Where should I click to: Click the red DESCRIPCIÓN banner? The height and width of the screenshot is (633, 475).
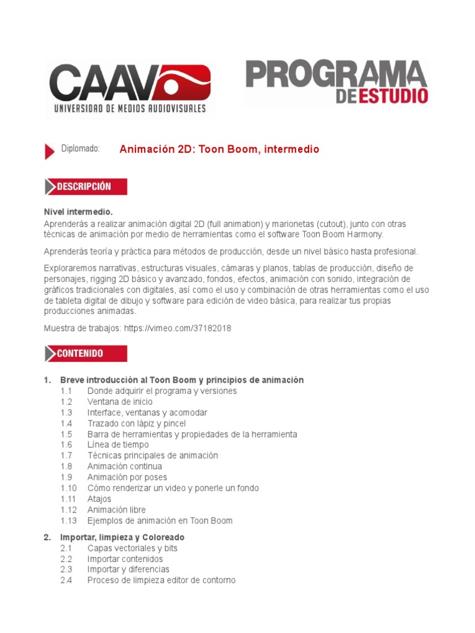pyautogui.click(x=86, y=187)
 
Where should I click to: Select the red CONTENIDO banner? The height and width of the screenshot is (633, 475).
pyautogui.click(x=86, y=354)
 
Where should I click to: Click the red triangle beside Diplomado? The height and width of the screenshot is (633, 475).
pyautogui.click(x=49, y=151)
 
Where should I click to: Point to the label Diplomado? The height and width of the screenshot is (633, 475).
pyautogui.click(x=80, y=149)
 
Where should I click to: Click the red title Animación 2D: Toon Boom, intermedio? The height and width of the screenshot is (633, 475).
pyautogui.click(x=219, y=150)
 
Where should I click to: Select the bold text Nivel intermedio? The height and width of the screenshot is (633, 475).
pyautogui.click(x=78, y=212)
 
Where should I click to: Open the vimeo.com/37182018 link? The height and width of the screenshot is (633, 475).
pyautogui.click(x=178, y=328)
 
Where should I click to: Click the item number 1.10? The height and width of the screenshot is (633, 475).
pyautogui.click(x=69, y=488)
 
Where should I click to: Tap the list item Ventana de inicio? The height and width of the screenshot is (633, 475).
pyautogui.click(x=120, y=402)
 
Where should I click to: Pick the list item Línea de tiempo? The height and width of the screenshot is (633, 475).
pyautogui.click(x=118, y=445)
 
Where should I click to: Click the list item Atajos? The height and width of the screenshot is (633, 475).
pyautogui.click(x=100, y=499)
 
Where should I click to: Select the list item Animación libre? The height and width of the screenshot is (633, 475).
pyautogui.click(x=116, y=510)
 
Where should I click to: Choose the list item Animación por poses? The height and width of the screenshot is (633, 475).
pyautogui.click(x=127, y=477)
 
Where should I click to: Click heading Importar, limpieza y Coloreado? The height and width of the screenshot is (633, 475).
pyautogui.click(x=122, y=537)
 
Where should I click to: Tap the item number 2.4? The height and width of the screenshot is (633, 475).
pyautogui.click(x=67, y=580)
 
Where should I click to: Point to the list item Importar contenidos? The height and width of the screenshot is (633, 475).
pyautogui.click(x=125, y=559)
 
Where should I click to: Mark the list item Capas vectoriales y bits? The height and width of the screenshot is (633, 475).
pyautogui.click(x=132, y=548)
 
